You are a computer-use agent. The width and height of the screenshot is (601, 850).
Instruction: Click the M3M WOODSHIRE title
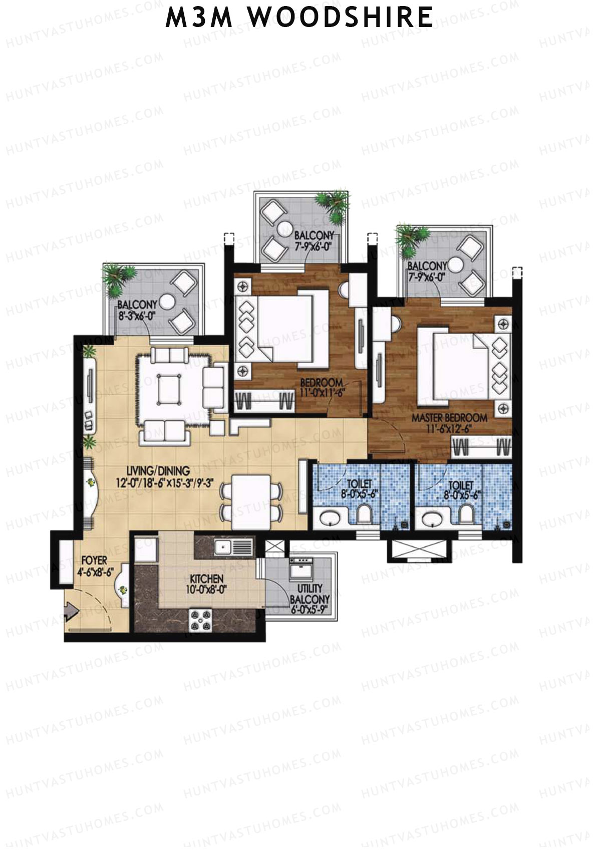pos(299,18)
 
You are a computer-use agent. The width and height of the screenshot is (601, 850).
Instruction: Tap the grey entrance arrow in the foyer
pos(72,612)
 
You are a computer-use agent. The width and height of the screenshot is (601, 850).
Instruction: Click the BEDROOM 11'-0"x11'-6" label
pos(321,388)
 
